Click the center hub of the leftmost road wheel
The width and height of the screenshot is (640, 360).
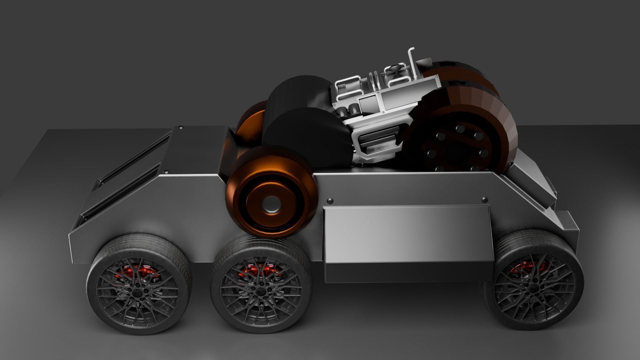point(136,293)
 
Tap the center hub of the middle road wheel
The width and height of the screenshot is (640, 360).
point(259,293)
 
